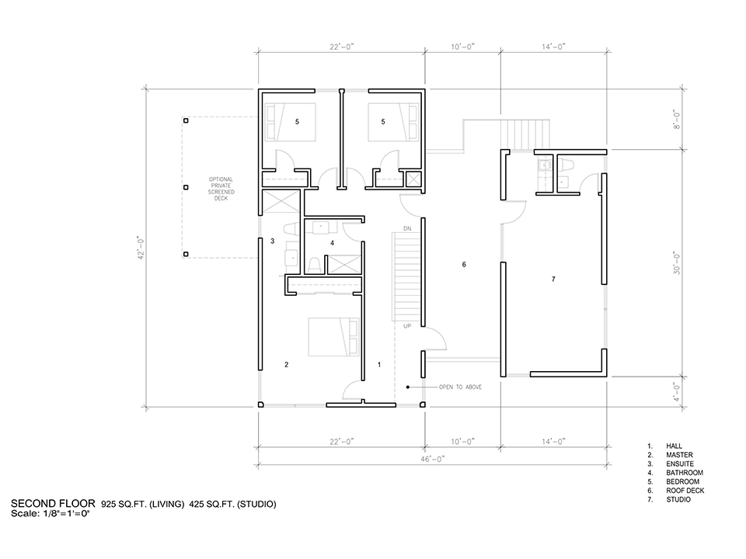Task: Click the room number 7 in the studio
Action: click(x=553, y=279)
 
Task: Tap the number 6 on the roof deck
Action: click(x=465, y=265)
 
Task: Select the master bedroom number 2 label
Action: click(x=287, y=365)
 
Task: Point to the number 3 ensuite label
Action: click(x=273, y=241)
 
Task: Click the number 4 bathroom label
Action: click(x=332, y=243)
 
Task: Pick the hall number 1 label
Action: click(x=379, y=365)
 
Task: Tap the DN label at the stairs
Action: click(x=407, y=229)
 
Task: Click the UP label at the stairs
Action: click(x=407, y=326)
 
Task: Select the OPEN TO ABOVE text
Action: click(x=460, y=387)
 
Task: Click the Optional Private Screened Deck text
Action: click(x=221, y=189)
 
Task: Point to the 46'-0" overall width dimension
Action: click(x=433, y=459)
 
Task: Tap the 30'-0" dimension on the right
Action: click(x=677, y=263)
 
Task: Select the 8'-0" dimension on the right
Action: click(x=677, y=120)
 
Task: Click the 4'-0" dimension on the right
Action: click(x=677, y=391)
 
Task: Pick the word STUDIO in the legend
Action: click(x=678, y=499)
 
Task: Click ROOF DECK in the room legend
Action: click(x=685, y=491)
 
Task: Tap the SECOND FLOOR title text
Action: click(x=53, y=504)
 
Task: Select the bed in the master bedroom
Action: click(x=333, y=337)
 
